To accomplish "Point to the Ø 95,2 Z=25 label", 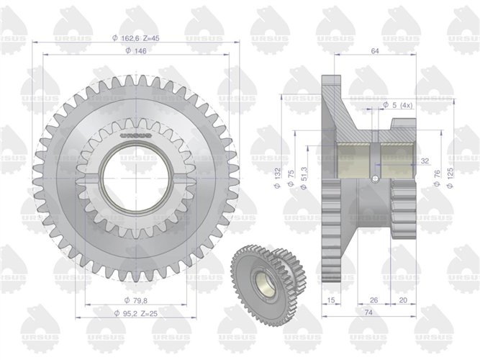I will tap(137, 314).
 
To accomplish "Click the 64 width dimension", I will tap(374, 51).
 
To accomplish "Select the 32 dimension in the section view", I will tap(425, 161).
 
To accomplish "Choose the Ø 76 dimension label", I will tap(437, 178).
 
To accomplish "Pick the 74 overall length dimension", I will tap(368, 314).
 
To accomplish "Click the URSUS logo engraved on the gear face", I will tap(135, 134).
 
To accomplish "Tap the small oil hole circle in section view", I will tap(373, 177).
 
